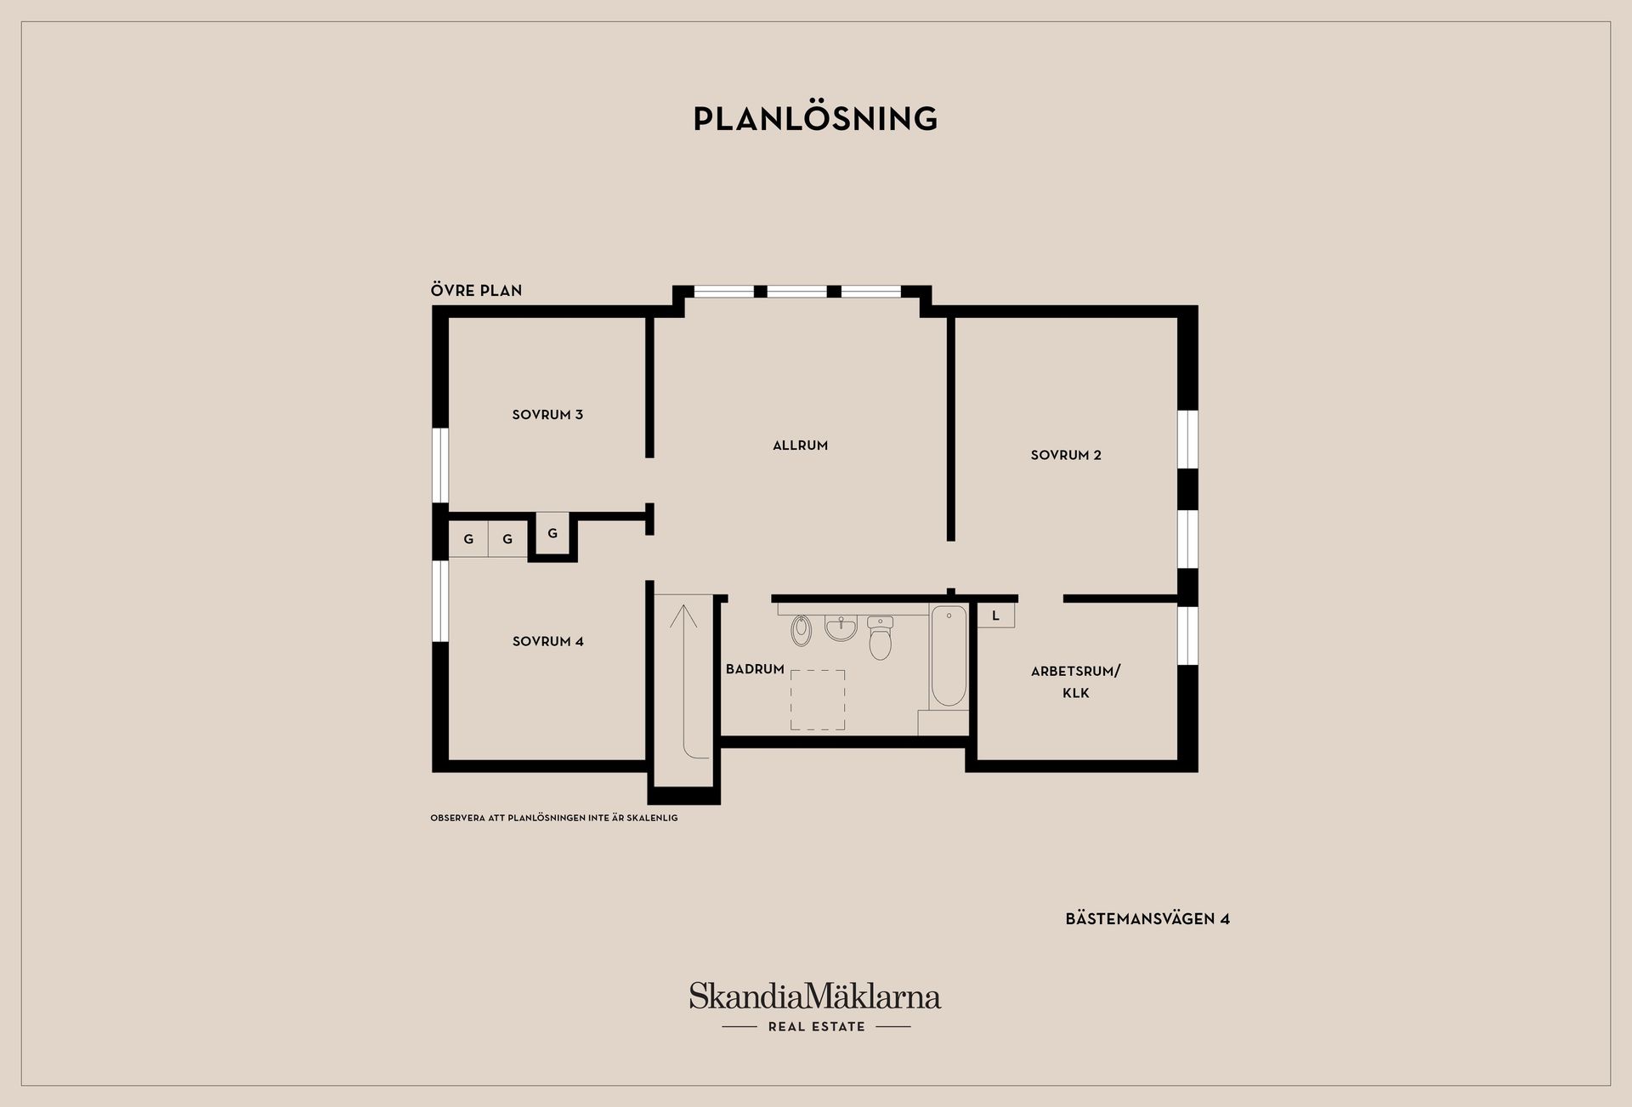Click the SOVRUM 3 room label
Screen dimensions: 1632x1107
[547, 415]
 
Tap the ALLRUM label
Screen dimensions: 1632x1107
[800, 446]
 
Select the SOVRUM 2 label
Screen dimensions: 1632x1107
[1066, 456]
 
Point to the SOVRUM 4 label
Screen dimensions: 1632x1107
[548, 642]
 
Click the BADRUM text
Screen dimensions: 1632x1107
[755, 670]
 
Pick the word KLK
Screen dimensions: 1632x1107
[1076, 694]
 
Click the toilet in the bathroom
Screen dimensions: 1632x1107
[881, 638]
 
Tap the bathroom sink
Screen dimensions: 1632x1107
[841, 628]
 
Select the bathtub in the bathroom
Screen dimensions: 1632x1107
[949, 656]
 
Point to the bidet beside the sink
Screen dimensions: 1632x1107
[802, 630]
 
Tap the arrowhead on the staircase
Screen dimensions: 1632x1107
[683, 615]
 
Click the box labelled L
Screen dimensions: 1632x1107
[995, 616]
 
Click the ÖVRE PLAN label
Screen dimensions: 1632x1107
[476, 291]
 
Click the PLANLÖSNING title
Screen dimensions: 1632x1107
[816, 119]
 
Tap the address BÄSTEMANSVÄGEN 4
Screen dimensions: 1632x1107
[1147, 919]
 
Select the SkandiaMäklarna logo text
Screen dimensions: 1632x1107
[815, 996]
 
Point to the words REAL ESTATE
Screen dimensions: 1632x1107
[817, 1027]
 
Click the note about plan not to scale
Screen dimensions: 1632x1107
[554, 818]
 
